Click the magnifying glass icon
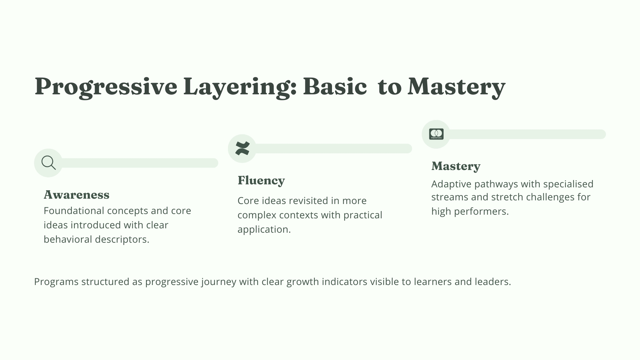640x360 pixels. tap(49, 163)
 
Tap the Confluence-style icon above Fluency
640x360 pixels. tap(242, 148)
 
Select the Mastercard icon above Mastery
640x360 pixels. tap(436, 134)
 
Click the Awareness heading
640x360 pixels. tap(76, 195)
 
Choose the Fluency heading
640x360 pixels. tap(261, 180)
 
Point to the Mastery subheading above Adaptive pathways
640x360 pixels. tap(456, 166)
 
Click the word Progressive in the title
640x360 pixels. tap(106, 87)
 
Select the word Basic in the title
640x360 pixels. tap(335, 87)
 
